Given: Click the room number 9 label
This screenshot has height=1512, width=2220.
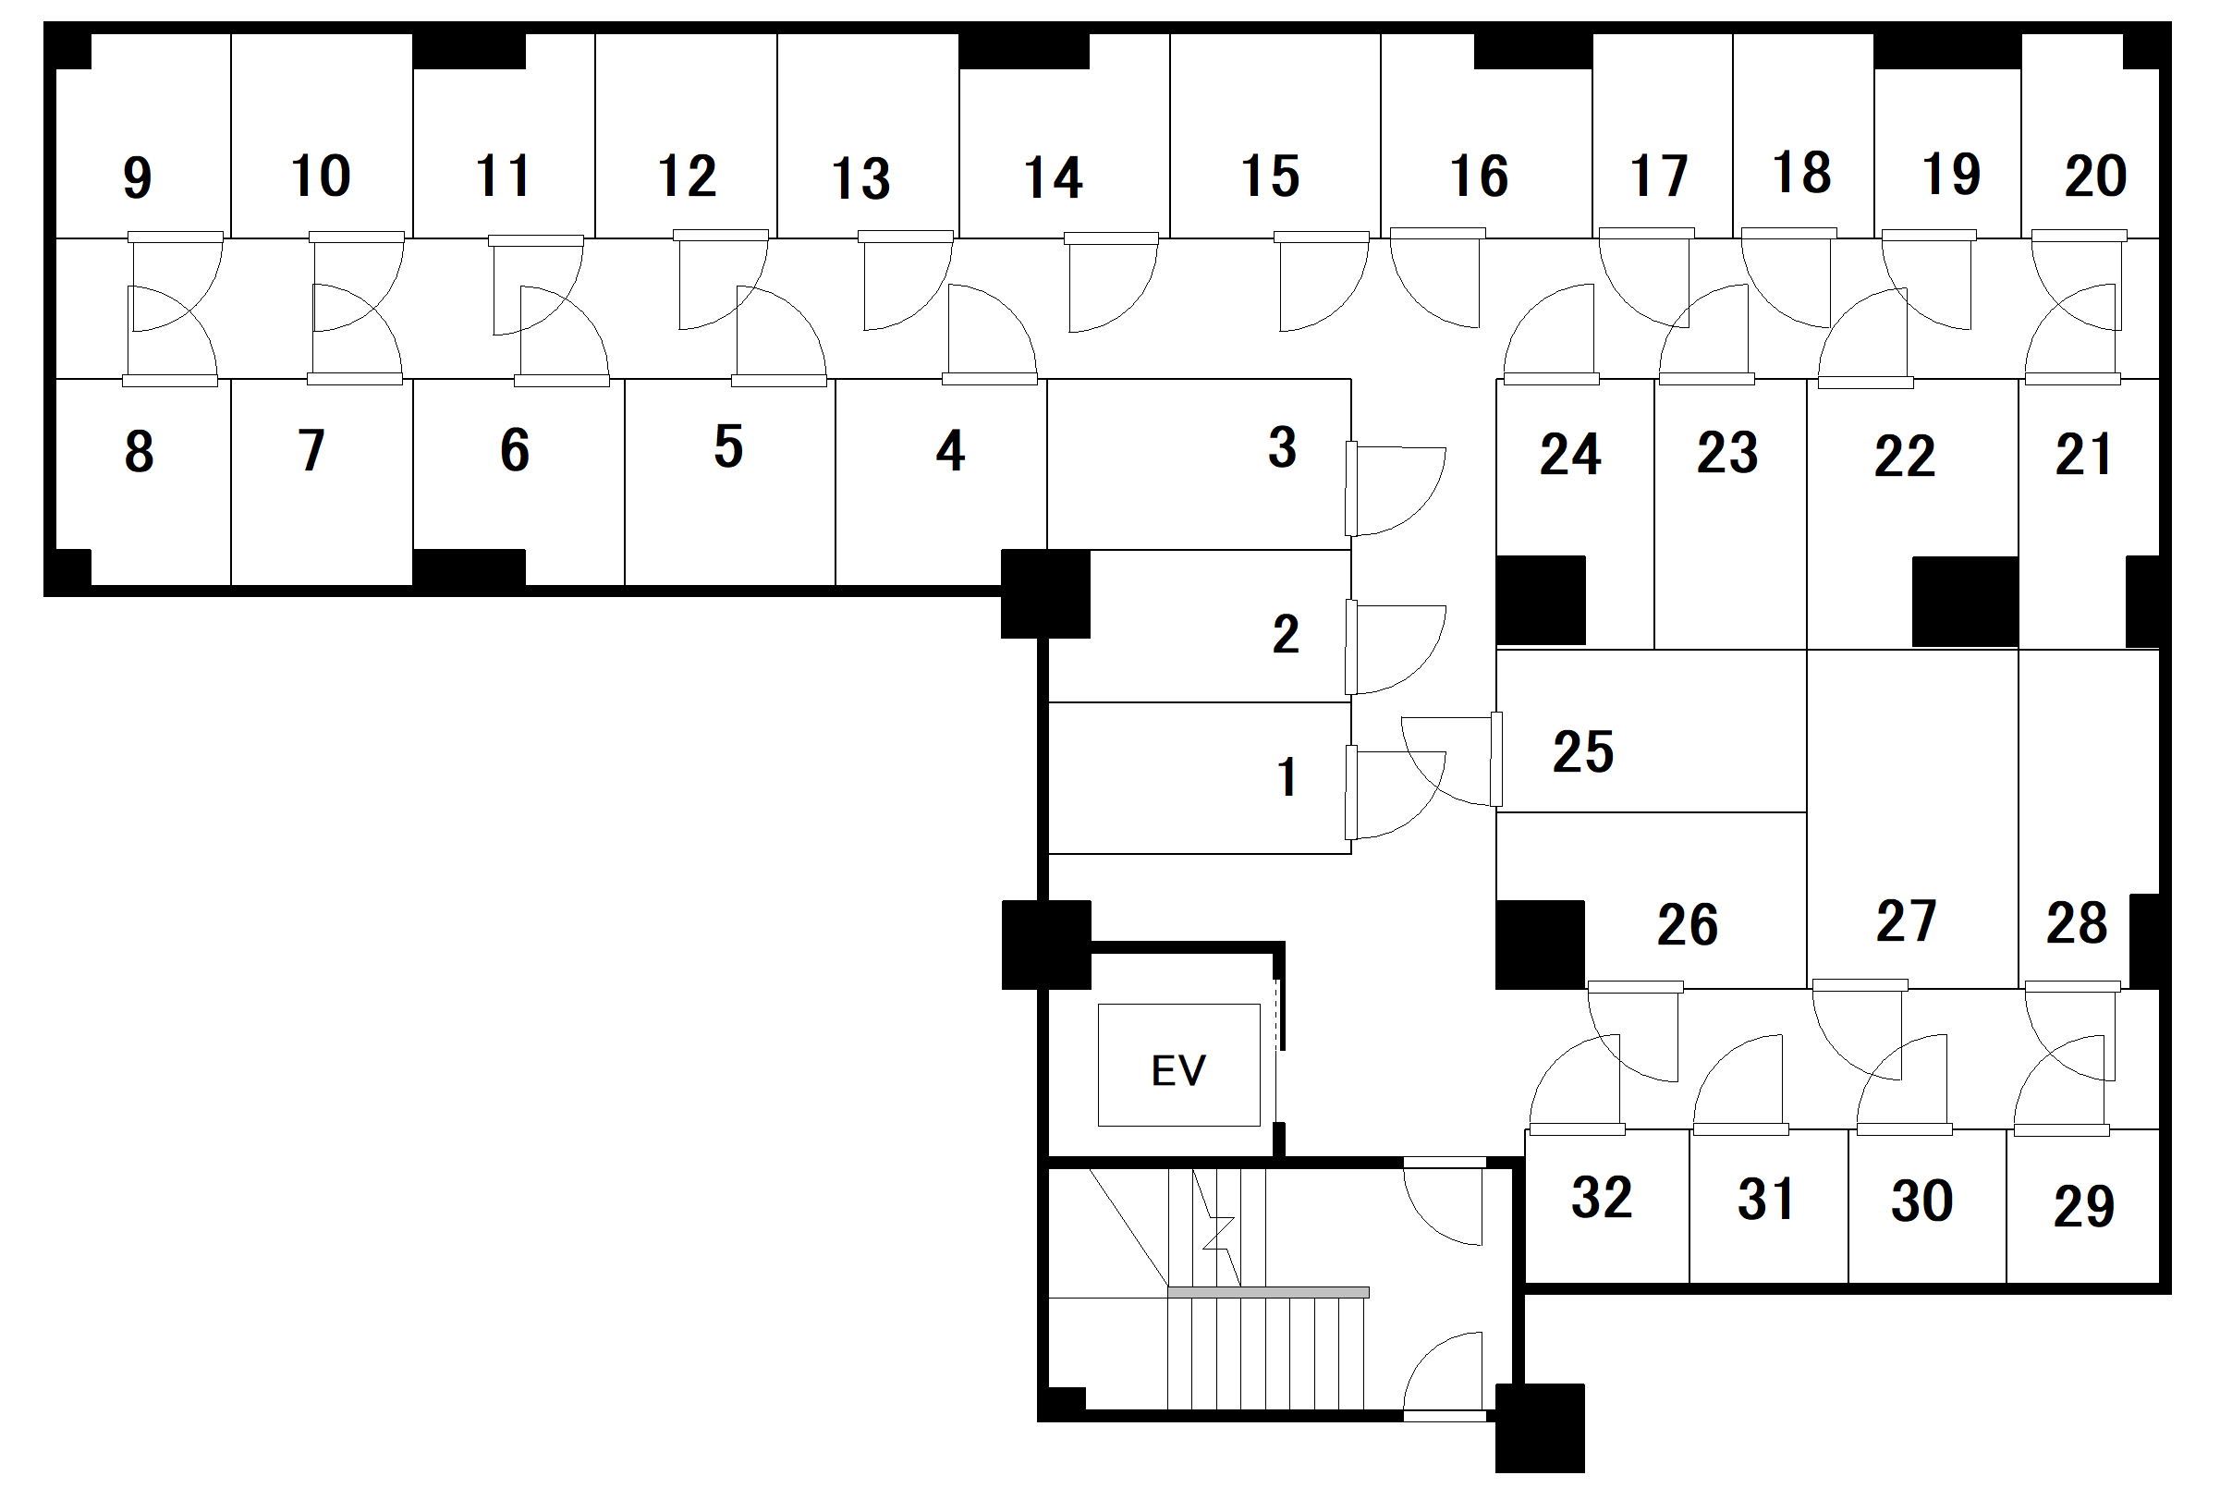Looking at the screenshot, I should [138, 177].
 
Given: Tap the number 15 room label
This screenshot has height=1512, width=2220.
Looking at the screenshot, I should [1270, 177].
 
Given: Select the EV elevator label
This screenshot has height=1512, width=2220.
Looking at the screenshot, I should [1177, 1071].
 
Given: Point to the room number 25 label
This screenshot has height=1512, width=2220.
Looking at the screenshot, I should [1583, 751].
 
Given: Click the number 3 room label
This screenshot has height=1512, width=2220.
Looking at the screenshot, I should [1282, 447].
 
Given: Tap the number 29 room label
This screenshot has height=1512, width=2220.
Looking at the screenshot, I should [2083, 1205].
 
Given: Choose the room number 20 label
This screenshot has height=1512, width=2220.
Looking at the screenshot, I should [2095, 176].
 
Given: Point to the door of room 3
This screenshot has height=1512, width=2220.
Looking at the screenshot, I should [1395, 489].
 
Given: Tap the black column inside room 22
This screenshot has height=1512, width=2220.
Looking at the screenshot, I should [1964, 602].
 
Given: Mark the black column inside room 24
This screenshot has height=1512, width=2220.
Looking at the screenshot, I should [1540, 600].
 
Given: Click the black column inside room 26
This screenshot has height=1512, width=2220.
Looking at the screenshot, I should [1539, 944].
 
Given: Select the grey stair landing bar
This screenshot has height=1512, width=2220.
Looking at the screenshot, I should [1268, 1292].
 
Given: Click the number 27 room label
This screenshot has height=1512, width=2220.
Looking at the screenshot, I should [1906, 921].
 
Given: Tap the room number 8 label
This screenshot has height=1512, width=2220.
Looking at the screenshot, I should [139, 452].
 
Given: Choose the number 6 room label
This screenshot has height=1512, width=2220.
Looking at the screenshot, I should [515, 450].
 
